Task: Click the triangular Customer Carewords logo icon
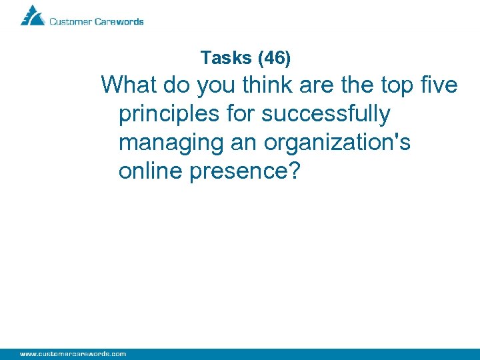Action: click(32, 15)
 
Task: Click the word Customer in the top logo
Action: click(70, 21)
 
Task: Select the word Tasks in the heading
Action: click(225, 58)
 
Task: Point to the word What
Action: click(129, 85)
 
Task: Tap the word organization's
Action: click(337, 143)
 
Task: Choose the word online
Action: click(151, 171)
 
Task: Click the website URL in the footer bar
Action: click(73, 353)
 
